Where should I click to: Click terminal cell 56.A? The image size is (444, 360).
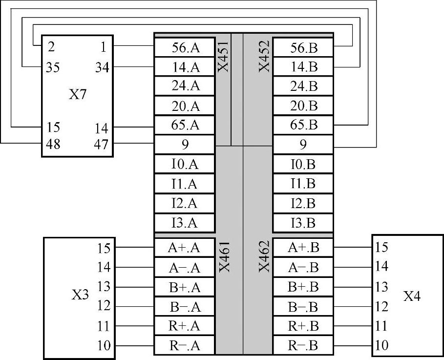tap(185, 47)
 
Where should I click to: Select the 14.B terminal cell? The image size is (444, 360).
tap(303, 67)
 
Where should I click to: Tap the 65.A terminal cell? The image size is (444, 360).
tap(185, 125)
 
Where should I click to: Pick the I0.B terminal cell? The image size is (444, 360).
tap(303, 164)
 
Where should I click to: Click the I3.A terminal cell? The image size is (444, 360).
tap(185, 223)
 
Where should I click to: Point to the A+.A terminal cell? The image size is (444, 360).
tap(185, 248)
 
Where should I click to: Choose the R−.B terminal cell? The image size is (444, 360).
tap(303, 346)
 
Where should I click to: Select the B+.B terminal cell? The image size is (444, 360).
tap(303, 287)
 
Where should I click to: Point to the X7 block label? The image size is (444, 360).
tap(77, 94)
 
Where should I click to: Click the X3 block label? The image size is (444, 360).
tap(80, 296)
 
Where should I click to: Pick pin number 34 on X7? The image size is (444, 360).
tap(102, 67)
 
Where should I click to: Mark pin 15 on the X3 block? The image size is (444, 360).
tap(104, 248)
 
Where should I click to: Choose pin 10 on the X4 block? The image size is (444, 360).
tap(382, 346)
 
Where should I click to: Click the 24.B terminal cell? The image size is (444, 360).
tap(303, 86)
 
